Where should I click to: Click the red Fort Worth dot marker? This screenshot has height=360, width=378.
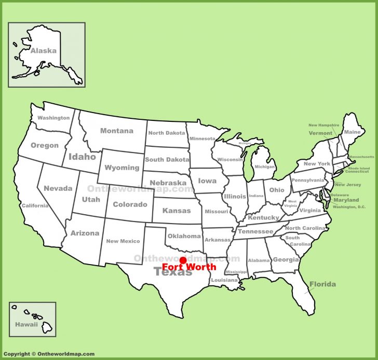182,259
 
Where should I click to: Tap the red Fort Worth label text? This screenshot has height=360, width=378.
190,268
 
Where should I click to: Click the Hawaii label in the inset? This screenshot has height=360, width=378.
26,325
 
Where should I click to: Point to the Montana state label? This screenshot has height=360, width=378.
116,131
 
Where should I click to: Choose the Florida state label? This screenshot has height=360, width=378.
322,284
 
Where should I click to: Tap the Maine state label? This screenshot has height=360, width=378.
352,132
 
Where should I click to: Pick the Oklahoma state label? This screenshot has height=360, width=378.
184,236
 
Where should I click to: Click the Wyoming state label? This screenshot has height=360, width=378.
122,168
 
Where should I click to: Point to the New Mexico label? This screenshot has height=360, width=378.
123,241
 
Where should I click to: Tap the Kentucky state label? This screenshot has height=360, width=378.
264,218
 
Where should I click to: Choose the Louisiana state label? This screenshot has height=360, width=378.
225,280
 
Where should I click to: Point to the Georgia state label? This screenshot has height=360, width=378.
286,260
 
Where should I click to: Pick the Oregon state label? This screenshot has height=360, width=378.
45,145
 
